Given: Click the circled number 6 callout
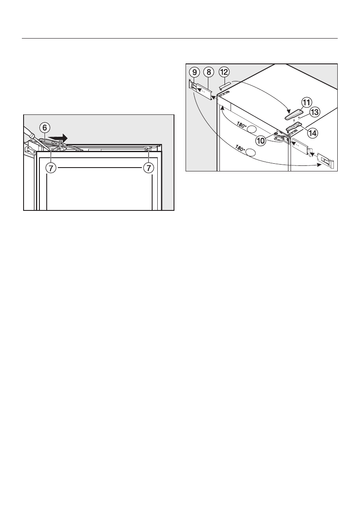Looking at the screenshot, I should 44,128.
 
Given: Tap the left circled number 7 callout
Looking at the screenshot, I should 51,168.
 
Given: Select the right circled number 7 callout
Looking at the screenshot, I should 149,168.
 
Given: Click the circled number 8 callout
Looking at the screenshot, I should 208,72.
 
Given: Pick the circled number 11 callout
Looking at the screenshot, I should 306,103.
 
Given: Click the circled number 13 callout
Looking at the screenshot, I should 315,112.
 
